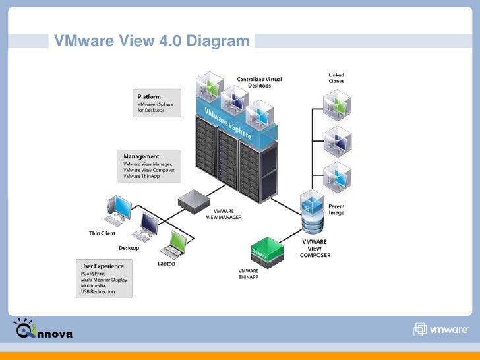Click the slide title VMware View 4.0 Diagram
click(152, 41)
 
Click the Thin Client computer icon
click(119, 208)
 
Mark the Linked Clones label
click(336, 78)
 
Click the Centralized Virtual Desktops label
click(259, 82)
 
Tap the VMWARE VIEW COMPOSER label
click(311, 249)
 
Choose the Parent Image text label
click(336, 210)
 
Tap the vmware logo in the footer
click(441, 330)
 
